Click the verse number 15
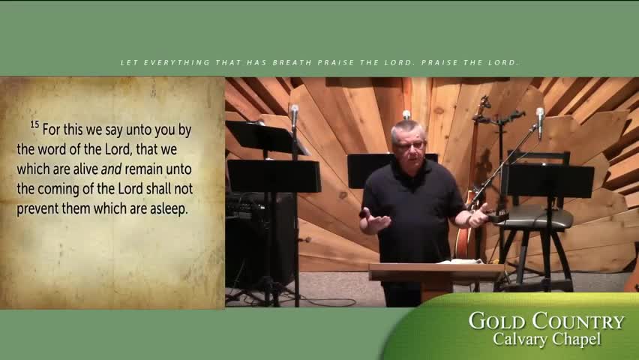coord(34,124)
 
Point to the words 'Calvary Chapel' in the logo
coord(547,340)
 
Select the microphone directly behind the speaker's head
coord(406,115)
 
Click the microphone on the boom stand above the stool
coord(540,117)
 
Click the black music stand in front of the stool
coord(551,180)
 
